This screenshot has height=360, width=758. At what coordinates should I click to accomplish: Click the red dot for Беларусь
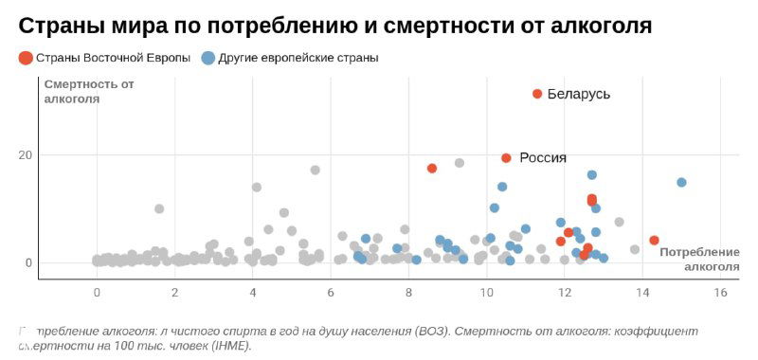[537, 94]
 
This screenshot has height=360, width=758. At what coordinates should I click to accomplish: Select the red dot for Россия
[506, 158]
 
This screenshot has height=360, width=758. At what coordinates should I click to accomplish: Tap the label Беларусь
[578, 94]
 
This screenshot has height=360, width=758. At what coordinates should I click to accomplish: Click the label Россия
[543, 158]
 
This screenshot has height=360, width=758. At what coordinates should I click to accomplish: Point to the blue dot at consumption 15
[681, 182]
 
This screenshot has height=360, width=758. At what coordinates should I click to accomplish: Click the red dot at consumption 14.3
[654, 241]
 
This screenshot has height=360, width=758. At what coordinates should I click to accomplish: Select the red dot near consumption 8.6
[432, 169]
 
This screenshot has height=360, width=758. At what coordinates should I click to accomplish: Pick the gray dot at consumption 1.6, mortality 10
[159, 208]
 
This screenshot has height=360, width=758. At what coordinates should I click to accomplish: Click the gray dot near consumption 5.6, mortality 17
[316, 171]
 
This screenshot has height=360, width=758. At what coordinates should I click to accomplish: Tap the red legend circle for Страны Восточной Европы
[26, 58]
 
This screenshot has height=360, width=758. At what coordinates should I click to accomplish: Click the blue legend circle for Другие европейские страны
[208, 58]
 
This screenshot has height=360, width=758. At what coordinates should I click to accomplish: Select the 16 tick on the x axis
[720, 294]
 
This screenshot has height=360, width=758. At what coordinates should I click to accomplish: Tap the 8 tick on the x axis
[408, 294]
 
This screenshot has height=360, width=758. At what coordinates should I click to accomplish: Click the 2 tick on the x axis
[175, 294]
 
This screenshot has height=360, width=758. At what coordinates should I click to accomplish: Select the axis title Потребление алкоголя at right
[699, 259]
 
